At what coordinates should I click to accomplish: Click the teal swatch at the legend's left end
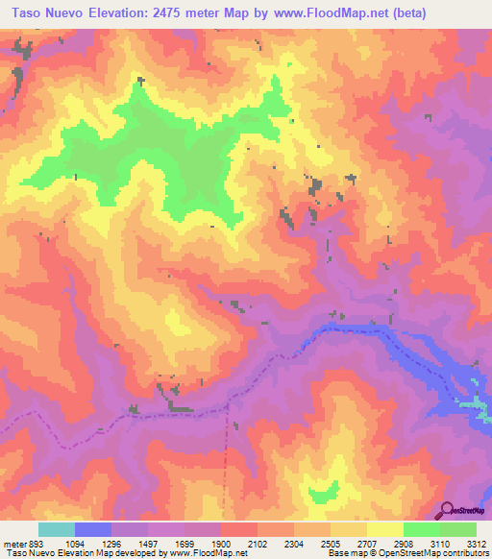pyautogui.click(x=56, y=529)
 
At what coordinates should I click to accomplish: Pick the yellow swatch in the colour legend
pyautogui.click(x=384, y=529)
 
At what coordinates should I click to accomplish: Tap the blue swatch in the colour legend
pyautogui.click(x=93, y=529)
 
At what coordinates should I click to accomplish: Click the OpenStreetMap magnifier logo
pyautogui.click(x=447, y=511)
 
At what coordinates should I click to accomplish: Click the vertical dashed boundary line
pyautogui.click(x=228, y=461)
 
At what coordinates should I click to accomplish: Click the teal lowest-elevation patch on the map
pyautogui.click(x=475, y=405)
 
